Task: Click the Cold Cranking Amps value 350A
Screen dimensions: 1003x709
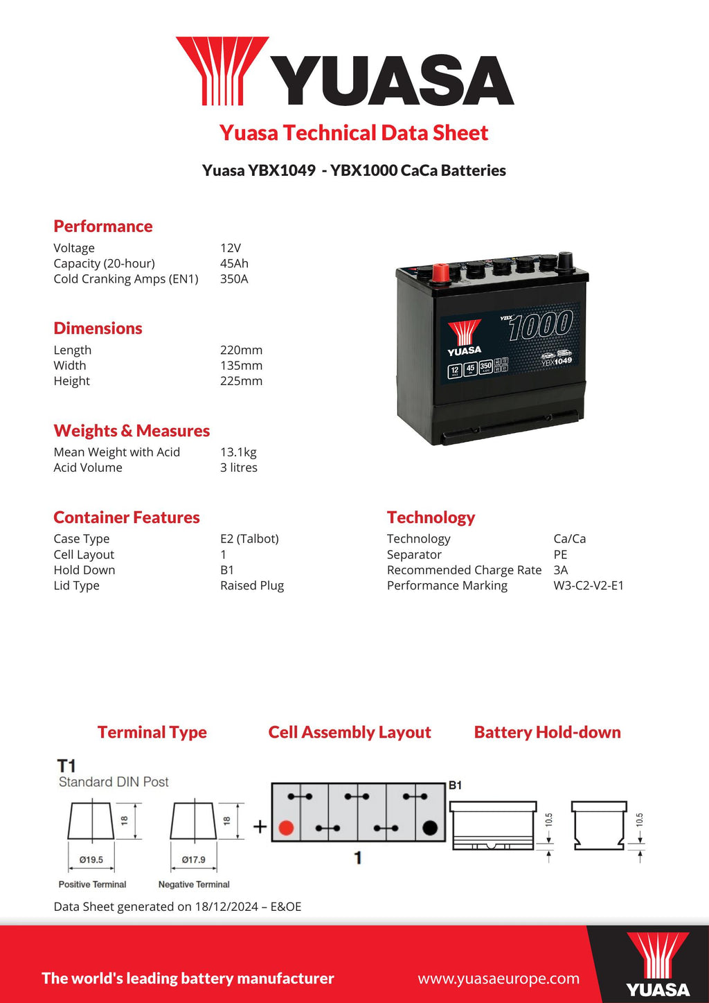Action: pyautogui.click(x=234, y=279)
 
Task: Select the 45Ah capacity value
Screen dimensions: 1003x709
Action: pyautogui.click(x=234, y=264)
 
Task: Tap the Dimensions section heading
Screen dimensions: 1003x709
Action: pyautogui.click(x=98, y=328)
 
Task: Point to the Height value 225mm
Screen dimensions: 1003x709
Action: pyautogui.click(x=241, y=381)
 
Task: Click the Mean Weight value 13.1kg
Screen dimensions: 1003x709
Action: pyautogui.click(x=238, y=452)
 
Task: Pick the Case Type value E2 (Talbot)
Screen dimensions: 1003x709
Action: pyautogui.click(x=249, y=539)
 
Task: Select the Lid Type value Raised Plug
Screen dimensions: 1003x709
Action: pyautogui.click(x=252, y=586)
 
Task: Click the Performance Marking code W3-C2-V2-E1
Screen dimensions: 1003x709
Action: pyautogui.click(x=589, y=586)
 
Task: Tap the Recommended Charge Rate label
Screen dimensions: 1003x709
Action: pyautogui.click(x=464, y=570)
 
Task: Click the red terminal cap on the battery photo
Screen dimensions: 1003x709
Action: pyautogui.click(x=440, y=273)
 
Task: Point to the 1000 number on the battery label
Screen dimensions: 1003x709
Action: pyautogui.click(x=541, y=326)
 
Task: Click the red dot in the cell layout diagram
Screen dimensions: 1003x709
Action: pyautogui.click(x=286, y=828)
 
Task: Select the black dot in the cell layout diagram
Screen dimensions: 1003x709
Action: pyautogui.click(x=429, y=828)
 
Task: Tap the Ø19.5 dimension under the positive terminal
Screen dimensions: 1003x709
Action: pyautogui.click(x=91, y=860)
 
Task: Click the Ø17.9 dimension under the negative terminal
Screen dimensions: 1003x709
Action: pyautogui.click(x=194, y=860)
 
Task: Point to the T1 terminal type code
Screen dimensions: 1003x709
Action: pyautogui.click(x=66, y=766)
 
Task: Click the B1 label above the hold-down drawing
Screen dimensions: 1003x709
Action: pyautogui.click(x=455, y=785)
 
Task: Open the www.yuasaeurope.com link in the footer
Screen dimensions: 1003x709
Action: pyautogui.click(x=499, y=979)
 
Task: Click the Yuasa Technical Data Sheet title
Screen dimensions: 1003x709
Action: pyautogui.click(x=354, y=133)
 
